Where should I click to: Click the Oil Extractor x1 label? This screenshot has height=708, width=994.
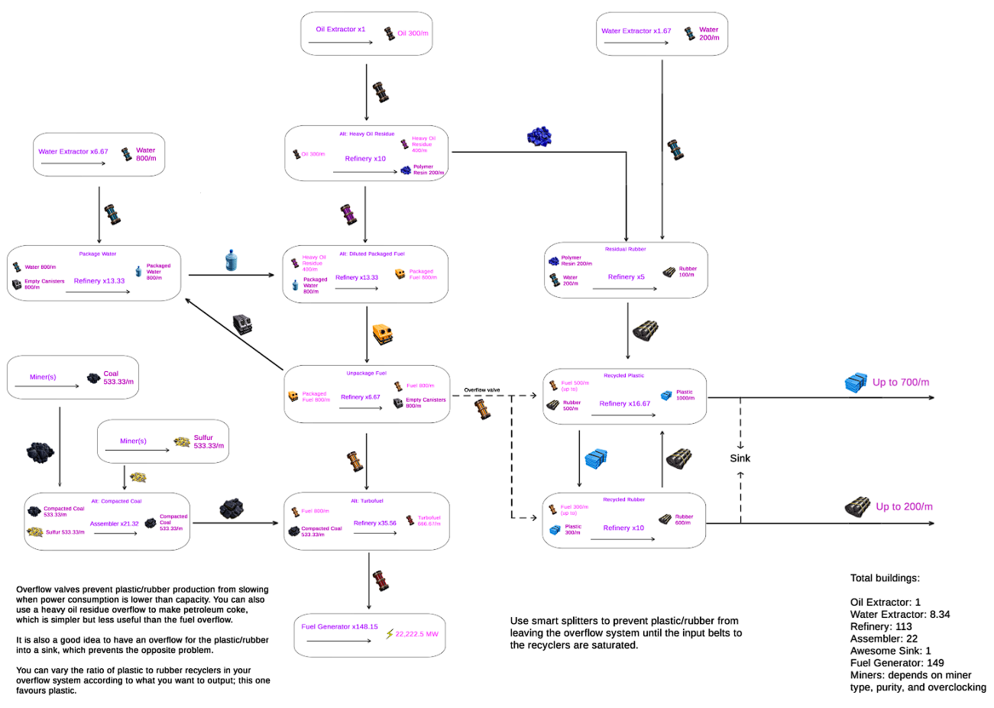tap(340, 30)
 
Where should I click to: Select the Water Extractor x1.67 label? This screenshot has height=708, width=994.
tap(636, 31)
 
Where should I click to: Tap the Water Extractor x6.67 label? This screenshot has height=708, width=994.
tap(73, 152)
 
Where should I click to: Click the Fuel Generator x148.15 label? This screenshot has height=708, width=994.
tap(339, 627)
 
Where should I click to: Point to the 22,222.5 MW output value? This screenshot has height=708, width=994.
tap(416, 635)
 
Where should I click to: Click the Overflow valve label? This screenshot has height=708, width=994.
tap(482, 390)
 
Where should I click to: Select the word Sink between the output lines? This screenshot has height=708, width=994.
tap(740, 458)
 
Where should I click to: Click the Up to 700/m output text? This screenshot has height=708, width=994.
tap(901, 383)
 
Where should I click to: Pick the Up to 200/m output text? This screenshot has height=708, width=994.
tap(904, 507)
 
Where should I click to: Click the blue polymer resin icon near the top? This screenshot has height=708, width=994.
tap(539, 137)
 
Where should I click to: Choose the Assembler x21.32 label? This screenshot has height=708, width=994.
tap(115, 524)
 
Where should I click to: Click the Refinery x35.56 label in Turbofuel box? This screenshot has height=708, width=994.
tap(374, 523)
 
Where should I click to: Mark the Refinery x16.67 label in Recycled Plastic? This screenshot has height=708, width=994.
tap(624, 404)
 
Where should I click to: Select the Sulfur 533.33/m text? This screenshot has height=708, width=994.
tap(209, 442)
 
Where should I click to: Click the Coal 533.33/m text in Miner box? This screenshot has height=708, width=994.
tap(118, 378)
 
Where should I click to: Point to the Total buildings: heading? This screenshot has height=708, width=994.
tap(885, 578)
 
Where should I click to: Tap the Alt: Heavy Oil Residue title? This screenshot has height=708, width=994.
tap(367, 134)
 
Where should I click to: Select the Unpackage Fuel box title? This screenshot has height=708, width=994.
tap(366, 373)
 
